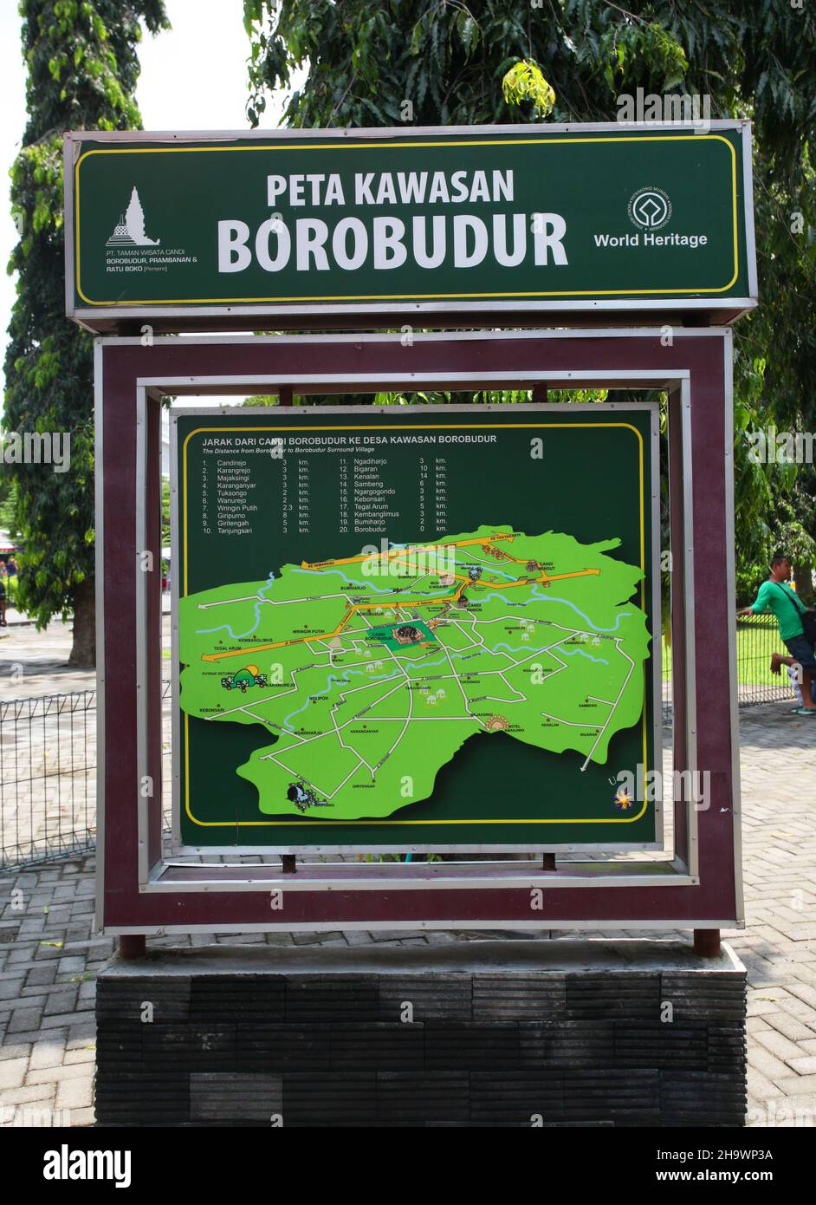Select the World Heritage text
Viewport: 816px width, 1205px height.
[650, 240]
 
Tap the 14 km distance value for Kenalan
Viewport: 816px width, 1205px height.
[424, 477]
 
